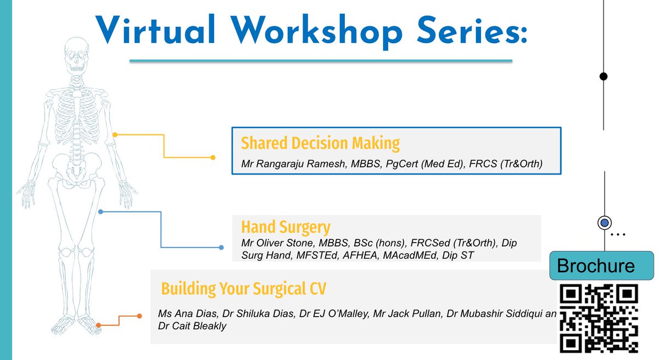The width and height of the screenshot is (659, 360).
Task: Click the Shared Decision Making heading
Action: (320, 143)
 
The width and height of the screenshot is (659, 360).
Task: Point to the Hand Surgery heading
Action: (286, 227)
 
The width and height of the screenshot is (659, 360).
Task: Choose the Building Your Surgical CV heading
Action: (244, 289)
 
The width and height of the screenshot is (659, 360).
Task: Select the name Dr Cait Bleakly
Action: (192, 326)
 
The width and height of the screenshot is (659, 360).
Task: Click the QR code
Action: (599, 318)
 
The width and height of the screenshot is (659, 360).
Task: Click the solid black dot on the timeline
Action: (604, 76)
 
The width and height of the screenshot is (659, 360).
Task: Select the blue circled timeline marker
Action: (604, 223)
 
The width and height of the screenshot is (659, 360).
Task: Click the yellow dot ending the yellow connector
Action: (213, 158)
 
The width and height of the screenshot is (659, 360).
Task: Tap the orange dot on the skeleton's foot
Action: (98, 325)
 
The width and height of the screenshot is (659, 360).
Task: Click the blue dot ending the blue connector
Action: (221, 248)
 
